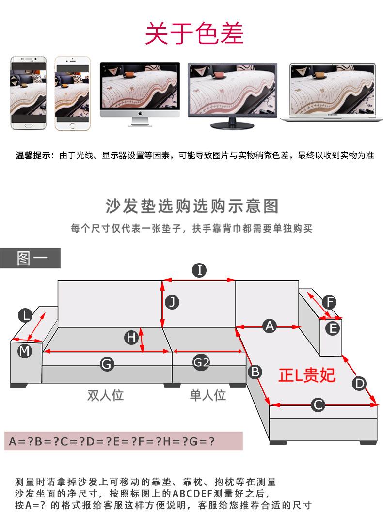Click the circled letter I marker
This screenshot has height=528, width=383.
pos(199,270)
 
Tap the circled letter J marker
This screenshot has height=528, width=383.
pos(172,302)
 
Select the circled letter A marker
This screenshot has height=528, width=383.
pos(270,326)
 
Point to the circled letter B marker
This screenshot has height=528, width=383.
pos(255,372)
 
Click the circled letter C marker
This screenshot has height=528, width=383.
pos(318,405)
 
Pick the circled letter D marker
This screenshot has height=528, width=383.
pos(359,384)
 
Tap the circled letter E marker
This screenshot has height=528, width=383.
pos(333,328)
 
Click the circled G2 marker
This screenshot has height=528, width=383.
pos(201,363)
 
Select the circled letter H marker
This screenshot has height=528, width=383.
pos(131,338)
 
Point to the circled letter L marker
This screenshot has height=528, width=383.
pos(25,315)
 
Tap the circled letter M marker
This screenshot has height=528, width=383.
pos(25,351)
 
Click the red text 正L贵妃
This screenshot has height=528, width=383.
pos(307,375)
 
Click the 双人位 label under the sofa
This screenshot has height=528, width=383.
pos(106,395)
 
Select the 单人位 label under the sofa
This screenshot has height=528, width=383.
pos(207,395)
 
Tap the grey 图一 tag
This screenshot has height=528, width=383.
pos(31,258)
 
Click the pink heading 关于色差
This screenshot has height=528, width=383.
pos(194,33)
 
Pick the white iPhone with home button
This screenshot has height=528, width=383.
pos(73,93)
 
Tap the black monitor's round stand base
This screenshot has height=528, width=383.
pos(232,126)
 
